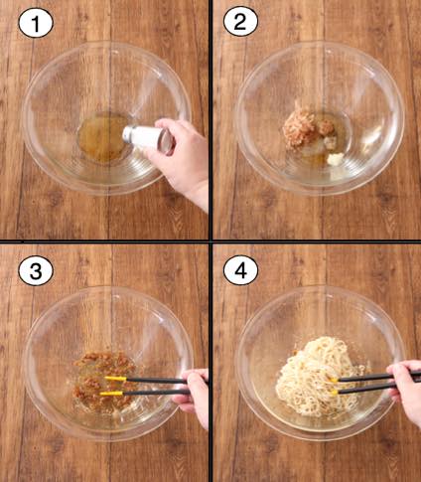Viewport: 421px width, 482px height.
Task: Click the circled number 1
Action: (36, 24)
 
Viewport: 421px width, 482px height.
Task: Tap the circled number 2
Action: (240, 22)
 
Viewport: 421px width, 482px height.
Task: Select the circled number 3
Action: (36, 271)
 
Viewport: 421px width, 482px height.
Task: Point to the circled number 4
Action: (240, 271)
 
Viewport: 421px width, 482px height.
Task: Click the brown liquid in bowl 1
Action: (102, 137)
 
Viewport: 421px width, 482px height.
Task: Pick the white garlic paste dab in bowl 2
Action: (336, 158)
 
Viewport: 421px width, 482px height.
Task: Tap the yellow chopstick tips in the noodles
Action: (333, 386)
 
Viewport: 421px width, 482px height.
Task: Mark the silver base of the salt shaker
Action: (167, 141)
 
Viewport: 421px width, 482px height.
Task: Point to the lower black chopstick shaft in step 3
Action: (156, 393)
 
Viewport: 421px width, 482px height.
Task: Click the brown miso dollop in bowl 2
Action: (326, 127)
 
